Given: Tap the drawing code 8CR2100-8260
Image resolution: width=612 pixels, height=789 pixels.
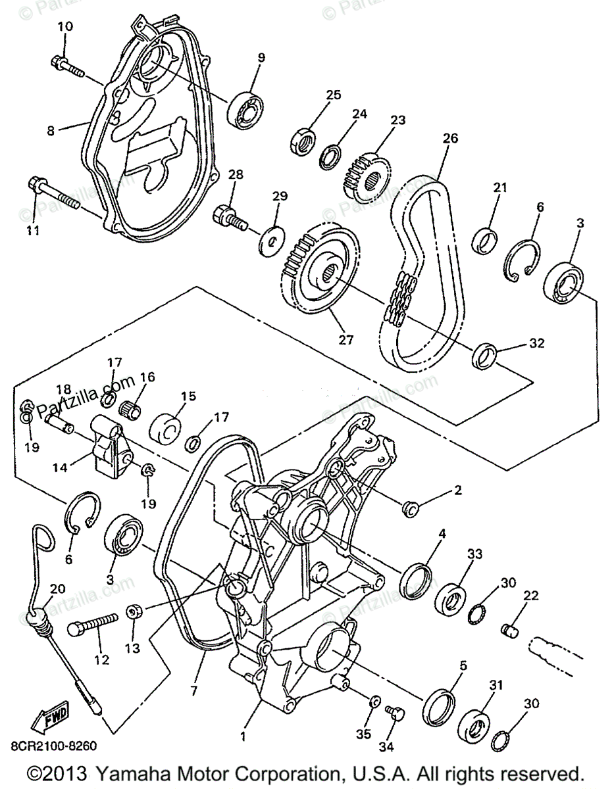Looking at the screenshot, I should pyautogui.click(x=54, y=746).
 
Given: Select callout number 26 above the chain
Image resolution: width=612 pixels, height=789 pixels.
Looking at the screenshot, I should pyautogui.click(x=450, y=139).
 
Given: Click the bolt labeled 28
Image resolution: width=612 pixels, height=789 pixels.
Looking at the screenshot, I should pyautogui.click(x=230, y=217).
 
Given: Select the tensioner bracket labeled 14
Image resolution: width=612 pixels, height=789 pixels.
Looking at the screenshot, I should pyautogui.click(x=109, y=452).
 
